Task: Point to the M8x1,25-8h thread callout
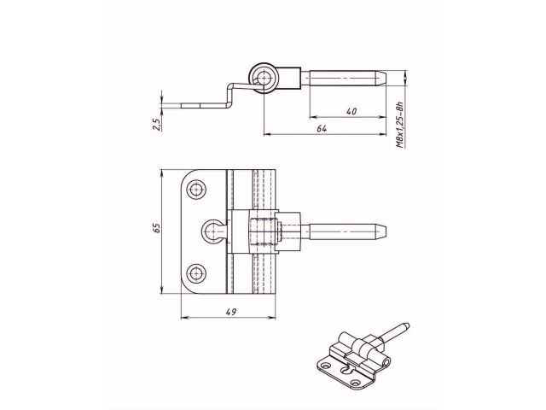coord(400,125)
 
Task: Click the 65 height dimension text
coord(156,229)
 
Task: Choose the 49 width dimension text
coord(230,311)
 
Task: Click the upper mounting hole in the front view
coord(198,188)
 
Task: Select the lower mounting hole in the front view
coord(198,273)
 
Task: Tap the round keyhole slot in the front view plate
coord(214,229)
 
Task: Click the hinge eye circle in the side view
coord(262,79)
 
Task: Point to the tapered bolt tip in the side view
coord(384,77)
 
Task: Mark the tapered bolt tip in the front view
coord(384,230)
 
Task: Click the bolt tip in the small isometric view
coord(408,325)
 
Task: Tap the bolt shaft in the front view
coord(337,230)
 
